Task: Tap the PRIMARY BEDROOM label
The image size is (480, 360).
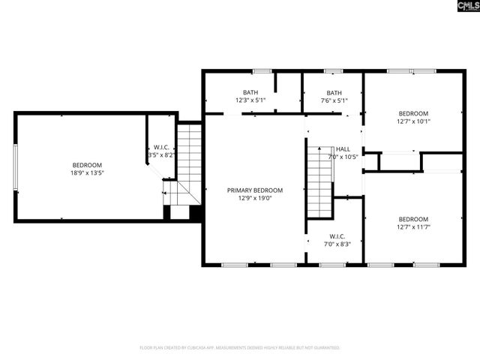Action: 255,190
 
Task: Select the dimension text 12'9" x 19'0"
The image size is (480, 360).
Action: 255,199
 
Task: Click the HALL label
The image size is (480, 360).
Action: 343,149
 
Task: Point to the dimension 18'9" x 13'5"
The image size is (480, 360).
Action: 88,173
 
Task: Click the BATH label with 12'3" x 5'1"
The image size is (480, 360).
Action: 250,92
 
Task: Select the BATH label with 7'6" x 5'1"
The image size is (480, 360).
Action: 333,92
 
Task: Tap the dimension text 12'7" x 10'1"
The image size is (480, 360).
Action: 413,121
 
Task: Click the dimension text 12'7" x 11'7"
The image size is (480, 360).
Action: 413,226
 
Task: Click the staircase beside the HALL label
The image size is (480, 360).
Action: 319,180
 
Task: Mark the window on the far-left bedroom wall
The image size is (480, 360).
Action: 15,167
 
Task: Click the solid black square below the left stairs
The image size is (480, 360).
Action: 196,213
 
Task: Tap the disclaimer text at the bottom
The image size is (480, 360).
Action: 240,348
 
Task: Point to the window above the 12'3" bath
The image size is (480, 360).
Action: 262,71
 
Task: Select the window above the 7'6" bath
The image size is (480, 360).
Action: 333,71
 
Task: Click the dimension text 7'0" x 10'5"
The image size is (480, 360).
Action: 343,157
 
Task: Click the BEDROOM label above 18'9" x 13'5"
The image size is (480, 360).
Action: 88,165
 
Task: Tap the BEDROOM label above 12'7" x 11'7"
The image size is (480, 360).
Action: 413,219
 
